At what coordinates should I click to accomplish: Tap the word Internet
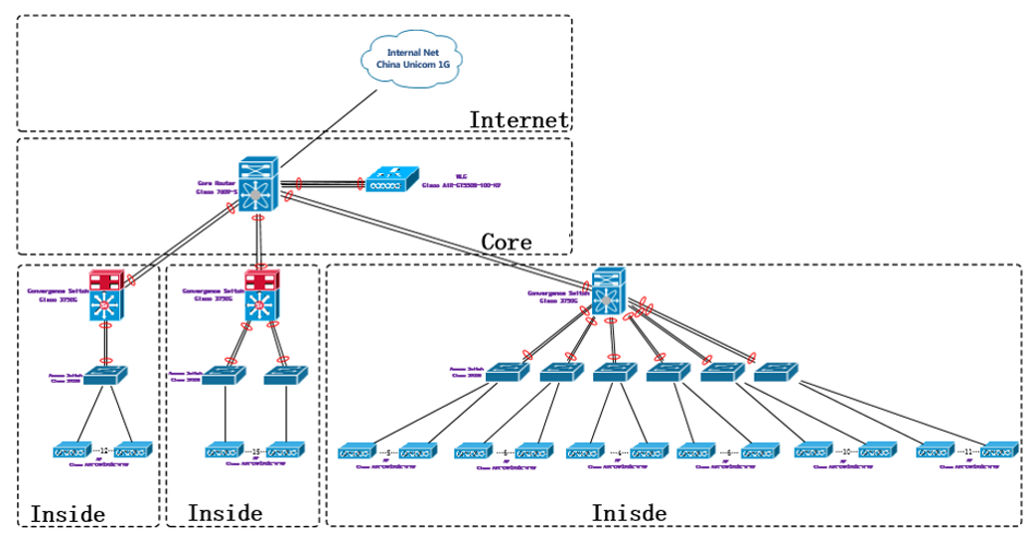[518, 120]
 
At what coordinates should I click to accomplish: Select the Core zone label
[506, 242]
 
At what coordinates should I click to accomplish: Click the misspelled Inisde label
[628, 513]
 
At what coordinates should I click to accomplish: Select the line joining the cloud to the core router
[328, 126]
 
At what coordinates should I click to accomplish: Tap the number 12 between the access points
[106, 450]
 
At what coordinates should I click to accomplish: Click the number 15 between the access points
[256, 450]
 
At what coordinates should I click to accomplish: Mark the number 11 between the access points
[967, 451]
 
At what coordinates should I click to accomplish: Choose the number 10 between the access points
[846, 451]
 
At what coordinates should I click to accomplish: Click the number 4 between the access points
[621, 451]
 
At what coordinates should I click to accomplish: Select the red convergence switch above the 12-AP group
[105, 295]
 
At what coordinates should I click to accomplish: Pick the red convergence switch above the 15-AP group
[262, 295]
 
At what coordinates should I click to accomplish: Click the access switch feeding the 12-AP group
[105, 376]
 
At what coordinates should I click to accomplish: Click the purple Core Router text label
[217, 187]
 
